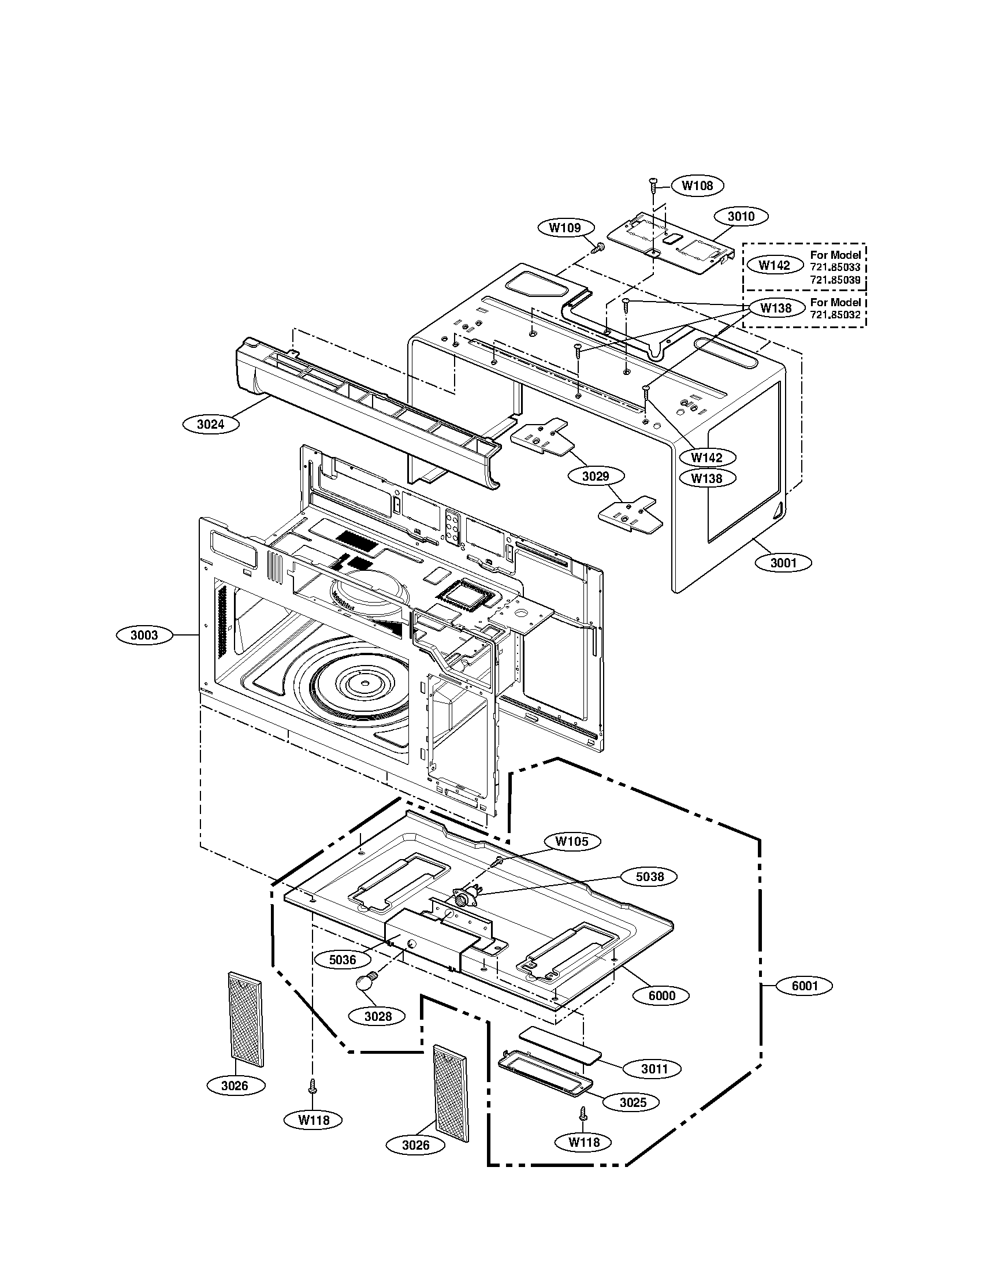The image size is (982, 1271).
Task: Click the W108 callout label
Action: [x=697, y=185]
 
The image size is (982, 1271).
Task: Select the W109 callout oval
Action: [x=565, y=228]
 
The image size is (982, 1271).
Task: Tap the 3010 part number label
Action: [x=741, y=217]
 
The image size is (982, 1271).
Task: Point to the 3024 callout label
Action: [x=210, y=424]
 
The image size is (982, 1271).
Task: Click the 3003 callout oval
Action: [x=144, y=635]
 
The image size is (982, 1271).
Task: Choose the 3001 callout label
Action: [x=783, y=563]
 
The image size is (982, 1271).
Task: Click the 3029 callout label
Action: [x=596, y=476]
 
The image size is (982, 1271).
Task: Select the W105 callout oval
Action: [x=571, y=842]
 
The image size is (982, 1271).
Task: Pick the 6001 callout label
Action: [x=805, y=986]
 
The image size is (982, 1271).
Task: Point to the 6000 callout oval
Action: [x=661, y=995]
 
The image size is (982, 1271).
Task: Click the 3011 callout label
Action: [x=654, y=1069]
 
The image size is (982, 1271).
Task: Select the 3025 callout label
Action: [x=633, y=1102]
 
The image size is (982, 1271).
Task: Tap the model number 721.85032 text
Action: [x=835, y=314]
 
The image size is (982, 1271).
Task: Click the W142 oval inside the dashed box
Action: [x=774, y=265]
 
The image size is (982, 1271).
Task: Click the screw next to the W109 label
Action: [x=597, y=248]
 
